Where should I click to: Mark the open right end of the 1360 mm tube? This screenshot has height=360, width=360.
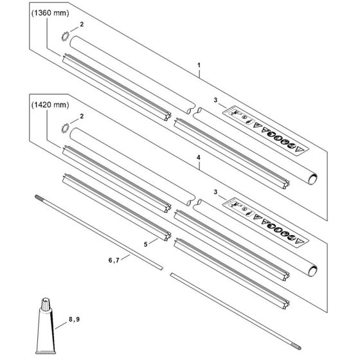313,179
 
